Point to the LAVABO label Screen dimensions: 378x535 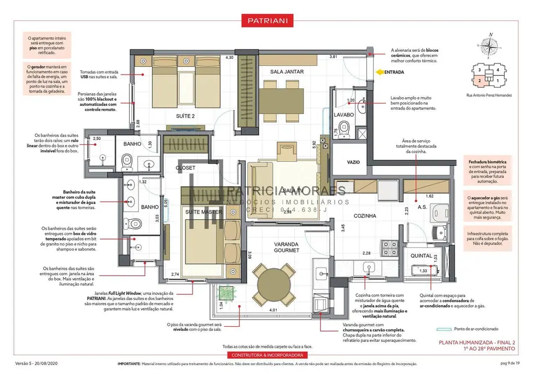tap(344, 115)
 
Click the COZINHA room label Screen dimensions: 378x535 tap(365, 215)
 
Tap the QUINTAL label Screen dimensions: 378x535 tap(421, 256)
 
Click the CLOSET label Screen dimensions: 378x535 tap(186, 168)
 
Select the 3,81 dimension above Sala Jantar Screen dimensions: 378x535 tap(333, 57)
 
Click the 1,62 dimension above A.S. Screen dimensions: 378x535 tap(429, 196)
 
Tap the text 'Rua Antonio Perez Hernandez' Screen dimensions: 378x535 tap(489, 95)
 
